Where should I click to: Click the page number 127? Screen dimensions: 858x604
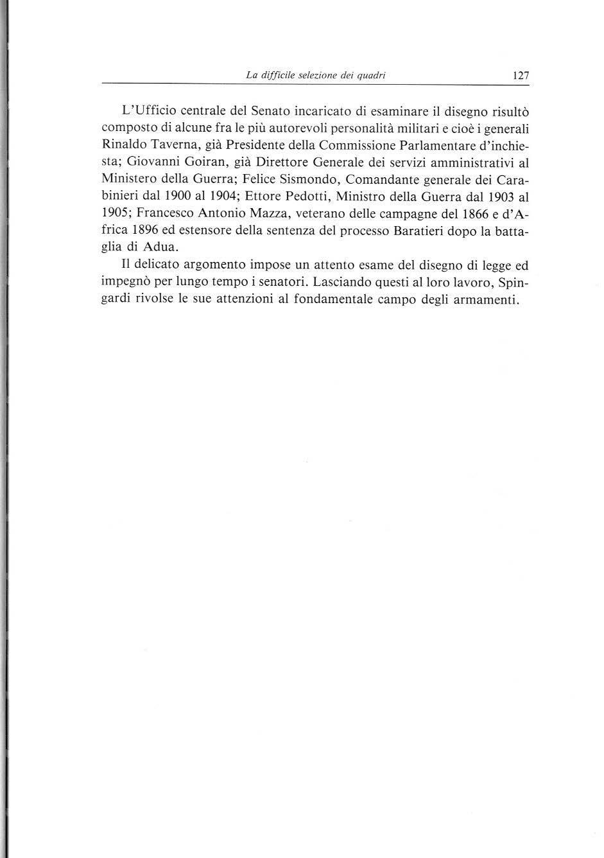[x=521, y=76]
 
